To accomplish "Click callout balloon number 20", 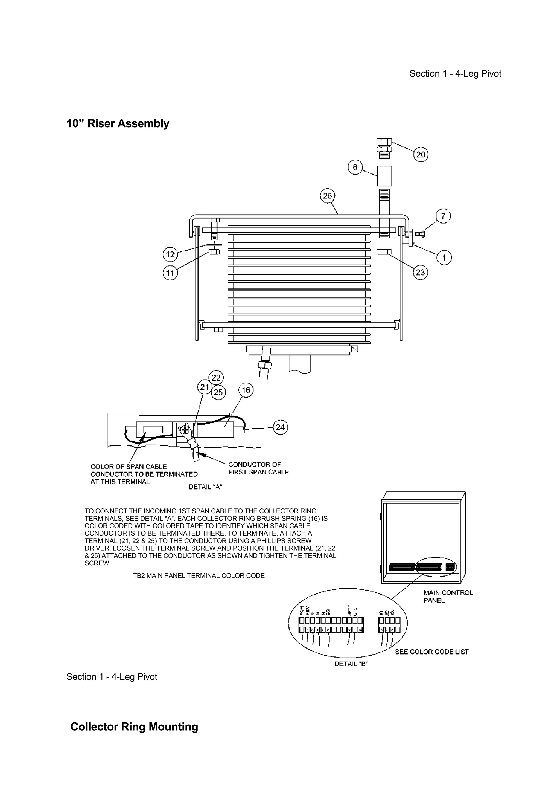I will pyautogui.click(x=421, y=154).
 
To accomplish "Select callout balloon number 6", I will pyautogui.click(x=355, y=167).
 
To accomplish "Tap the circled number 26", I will pyautogui.click(x=327, y=196).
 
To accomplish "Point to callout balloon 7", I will pyautogui.click(x=443, y=216).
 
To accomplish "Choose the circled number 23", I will pyautogui.click(x=420, y=272).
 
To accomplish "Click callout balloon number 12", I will pyautogui.click(x=170, y=255).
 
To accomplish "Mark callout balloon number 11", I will pyautogui.click(x=170, y=273).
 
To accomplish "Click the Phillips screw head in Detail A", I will pyautogui.click(x=185, y=430).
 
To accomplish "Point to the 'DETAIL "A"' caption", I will pyautogui.click(x=205, y=487).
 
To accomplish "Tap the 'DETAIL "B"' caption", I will pyautogui.click(x=351, y=664).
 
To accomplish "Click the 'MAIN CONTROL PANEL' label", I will pyautogui.click(x=448, y=597).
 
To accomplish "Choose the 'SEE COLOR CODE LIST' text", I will pyautogui.click(x=432, y=652).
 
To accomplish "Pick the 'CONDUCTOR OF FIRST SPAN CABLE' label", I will pyautogui.click(x=258, y=468).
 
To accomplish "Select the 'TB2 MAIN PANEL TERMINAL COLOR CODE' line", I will pyautogui.click(x=199, y=576).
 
